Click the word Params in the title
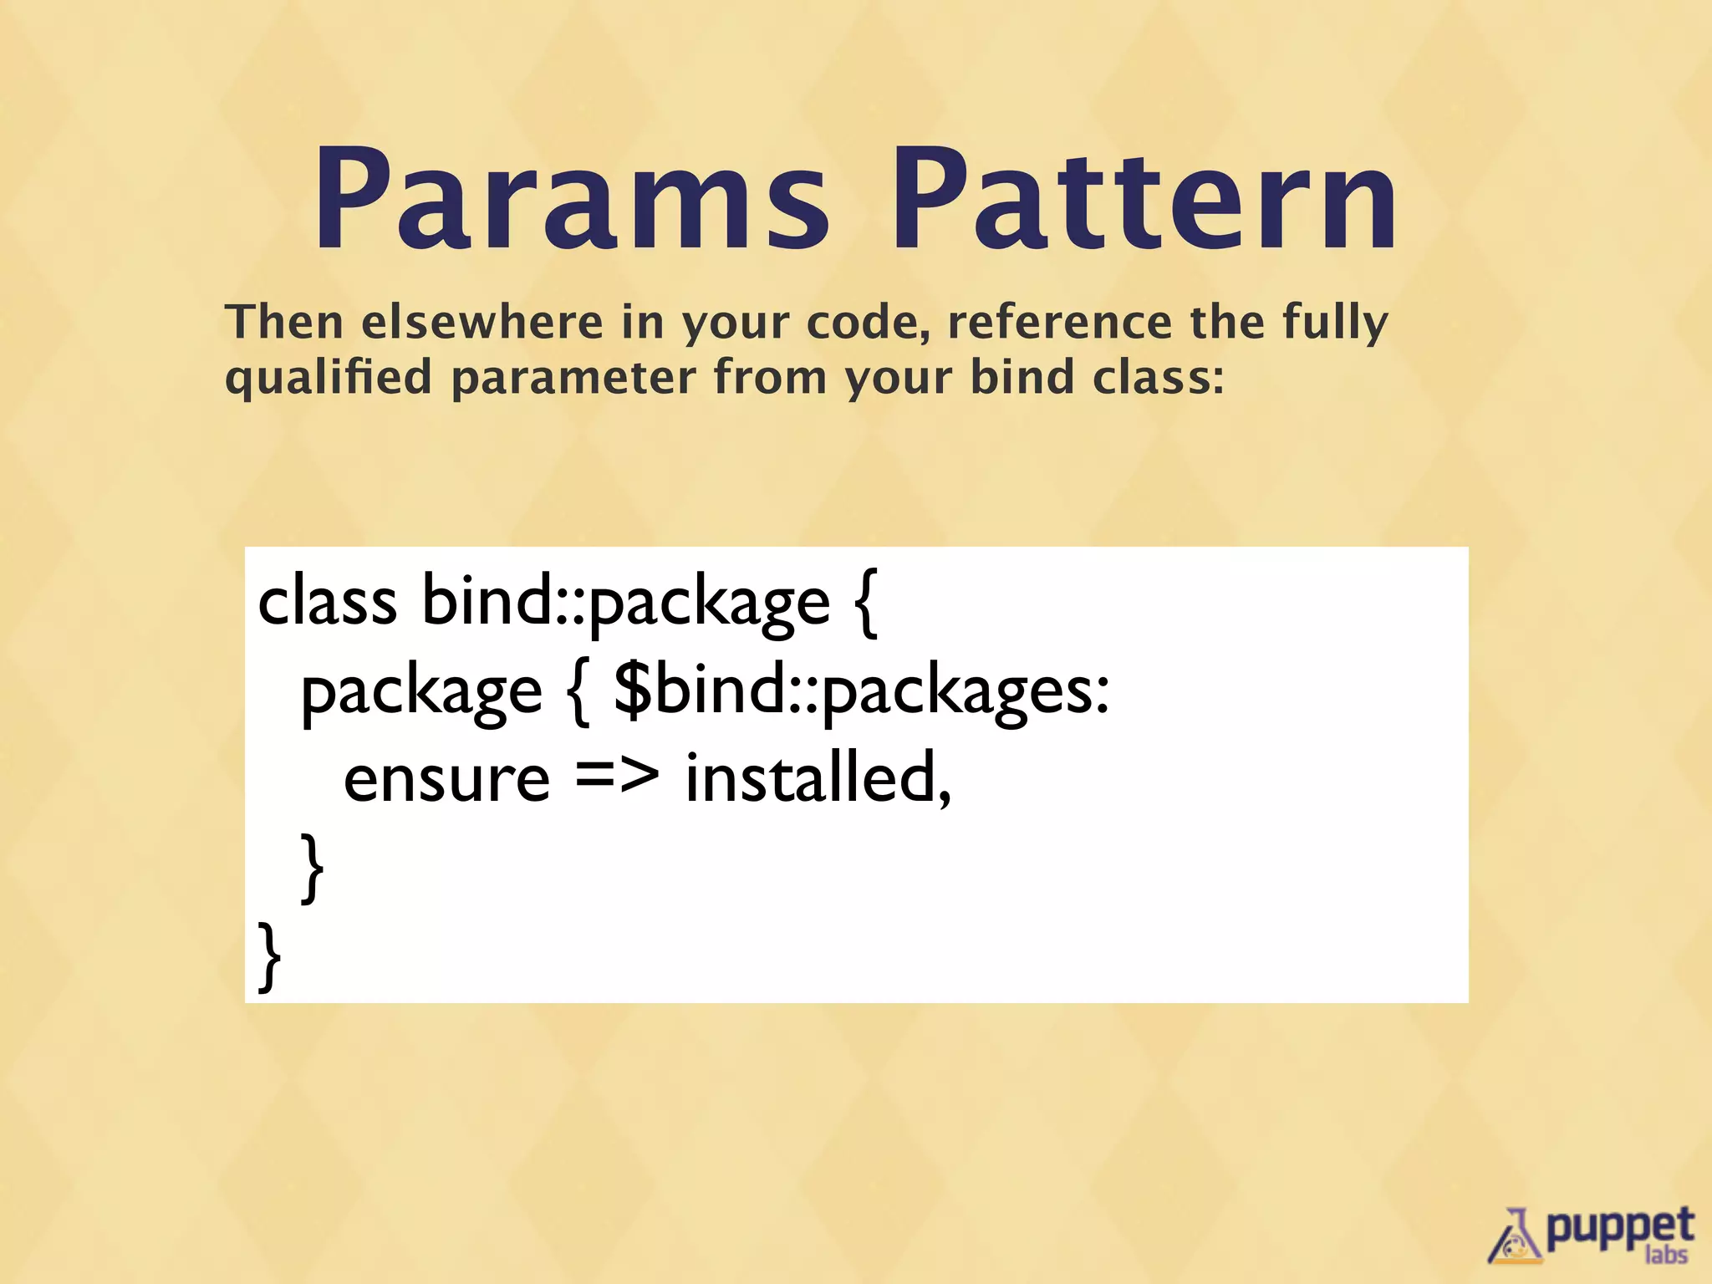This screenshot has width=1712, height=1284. pyautogui.click(x=571, y=201)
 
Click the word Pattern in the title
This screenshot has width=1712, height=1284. pyautogui.click(x=1144, y=201)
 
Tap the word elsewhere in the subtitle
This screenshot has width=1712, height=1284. pyautogui.click(x=482, y=323)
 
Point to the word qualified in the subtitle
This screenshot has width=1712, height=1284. pyautogui.click(x=329, y=378)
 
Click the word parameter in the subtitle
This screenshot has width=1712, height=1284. pyautogui.click(x=573, y=378)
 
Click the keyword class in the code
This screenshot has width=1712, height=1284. pyautogui.click(x=327, y=601)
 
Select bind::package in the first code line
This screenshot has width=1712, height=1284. pyautogui.click(x=625, y=603)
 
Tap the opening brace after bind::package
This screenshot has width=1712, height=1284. pyautogui.click(x=867, y=603)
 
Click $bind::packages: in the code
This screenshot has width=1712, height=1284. pyautogui.click(x=861, y=692)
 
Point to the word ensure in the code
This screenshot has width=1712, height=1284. pyautogui.click(x=446, y=779)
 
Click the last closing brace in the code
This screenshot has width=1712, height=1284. pyautogui.click(x=269, y=956)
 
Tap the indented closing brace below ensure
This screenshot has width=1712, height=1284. pyautogui.click(x=312, y=868)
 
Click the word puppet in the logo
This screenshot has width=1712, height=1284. pyautogui.click(x=1618, y=1227)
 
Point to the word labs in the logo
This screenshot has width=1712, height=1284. pyautogui.click(x=1666, y=1256)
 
